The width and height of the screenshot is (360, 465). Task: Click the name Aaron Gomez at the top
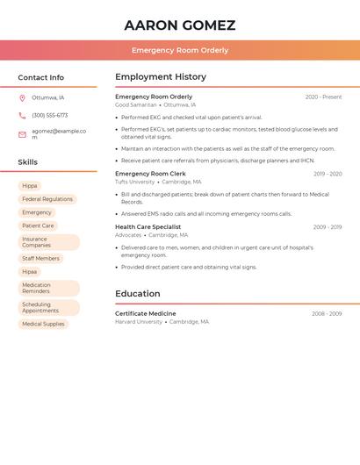[180, 25]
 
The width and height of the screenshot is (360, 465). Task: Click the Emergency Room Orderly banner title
[180, 50]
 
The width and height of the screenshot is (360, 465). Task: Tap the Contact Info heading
[41, 77]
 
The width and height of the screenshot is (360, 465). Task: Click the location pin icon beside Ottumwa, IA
[22, 97]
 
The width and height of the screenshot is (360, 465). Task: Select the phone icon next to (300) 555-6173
[22, 115]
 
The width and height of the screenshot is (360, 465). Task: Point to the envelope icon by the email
[22, 134]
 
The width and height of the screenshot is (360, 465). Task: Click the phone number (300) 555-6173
[50, 115]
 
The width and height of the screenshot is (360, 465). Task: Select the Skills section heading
[28, 162]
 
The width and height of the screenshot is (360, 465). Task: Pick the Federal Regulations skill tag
[47, 199]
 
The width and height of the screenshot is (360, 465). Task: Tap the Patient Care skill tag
[38, 225]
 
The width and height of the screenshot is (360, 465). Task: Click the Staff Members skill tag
[41, 259]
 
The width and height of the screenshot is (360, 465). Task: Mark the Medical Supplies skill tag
[43, 324]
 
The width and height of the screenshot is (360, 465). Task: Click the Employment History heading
[161, 77]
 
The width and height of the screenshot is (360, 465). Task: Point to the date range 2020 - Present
[323, 97]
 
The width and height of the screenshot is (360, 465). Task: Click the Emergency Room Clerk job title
[150, 174]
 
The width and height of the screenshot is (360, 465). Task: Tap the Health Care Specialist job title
[148, 227]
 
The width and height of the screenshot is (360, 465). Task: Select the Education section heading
[138, 294]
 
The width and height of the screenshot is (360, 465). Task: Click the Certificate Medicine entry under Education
[146, 313]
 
